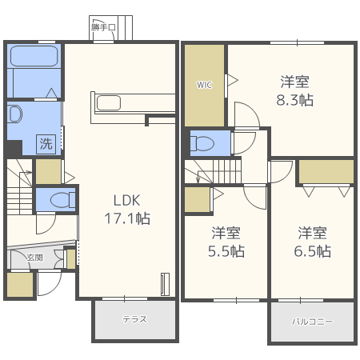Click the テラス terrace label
(x=134, y=319)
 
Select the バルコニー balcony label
(x=312, y=321)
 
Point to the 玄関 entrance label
(x=34, y=257)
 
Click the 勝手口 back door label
(x=104, y=27)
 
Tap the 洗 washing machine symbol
(x=47, y=144)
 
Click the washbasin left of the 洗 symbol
(x=14, y=114)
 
